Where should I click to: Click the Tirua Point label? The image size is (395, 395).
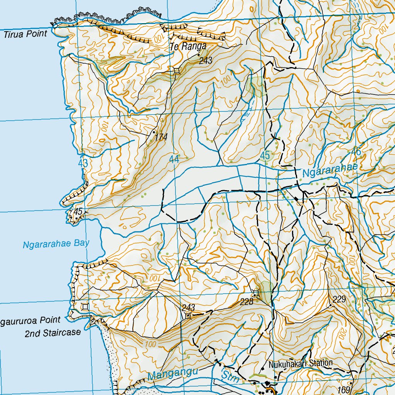[x=25, y=34]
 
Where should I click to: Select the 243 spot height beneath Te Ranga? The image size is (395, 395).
[x=206, y=61]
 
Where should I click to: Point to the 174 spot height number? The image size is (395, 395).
[x=161, y=137]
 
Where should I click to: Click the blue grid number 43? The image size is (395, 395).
[x=83, y=163]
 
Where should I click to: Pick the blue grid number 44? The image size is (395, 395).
[x=174, y=159]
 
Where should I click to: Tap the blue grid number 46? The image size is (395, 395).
[x=356, y=152]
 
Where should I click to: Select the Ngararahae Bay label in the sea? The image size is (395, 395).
[x=56, y=244]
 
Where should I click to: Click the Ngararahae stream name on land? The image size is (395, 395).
[x=330, y=170]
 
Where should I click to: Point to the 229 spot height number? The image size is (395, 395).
[x=338, y=299]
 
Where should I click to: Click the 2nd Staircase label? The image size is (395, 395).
[x=53, y=333]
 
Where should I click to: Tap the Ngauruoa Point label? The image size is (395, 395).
[x=31, y=320]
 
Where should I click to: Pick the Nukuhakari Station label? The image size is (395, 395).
[x=301, y=363]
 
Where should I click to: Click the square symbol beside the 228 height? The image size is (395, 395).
[x=255, y=294]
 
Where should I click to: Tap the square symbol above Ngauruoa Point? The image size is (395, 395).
[x=85, y=307]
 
